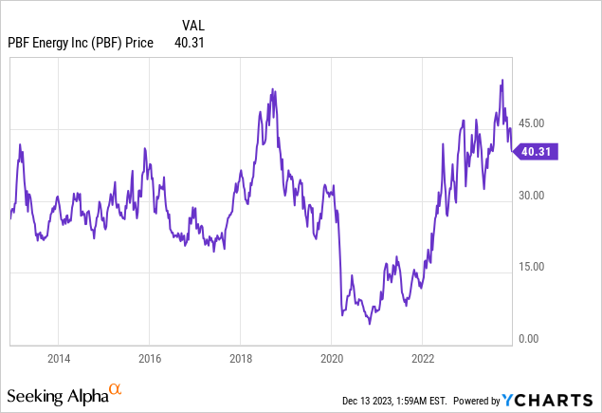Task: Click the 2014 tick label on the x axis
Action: tap(58, 360)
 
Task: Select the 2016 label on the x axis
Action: tap(149, 360)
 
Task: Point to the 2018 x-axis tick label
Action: tap(240, 360)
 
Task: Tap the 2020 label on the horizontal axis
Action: tap(331, 360)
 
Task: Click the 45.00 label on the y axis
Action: tap(532, 123)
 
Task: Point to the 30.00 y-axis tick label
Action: tap(532, 196)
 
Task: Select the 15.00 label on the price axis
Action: tap(532, 267)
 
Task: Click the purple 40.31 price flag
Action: tap(535, 151)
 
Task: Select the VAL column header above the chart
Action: tap(192, 24)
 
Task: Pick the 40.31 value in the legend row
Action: tap(190, 42)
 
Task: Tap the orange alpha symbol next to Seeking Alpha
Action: tap(115, 389)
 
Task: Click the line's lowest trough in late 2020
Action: tap(370, 324)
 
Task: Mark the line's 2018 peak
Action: tap(273, 89)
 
